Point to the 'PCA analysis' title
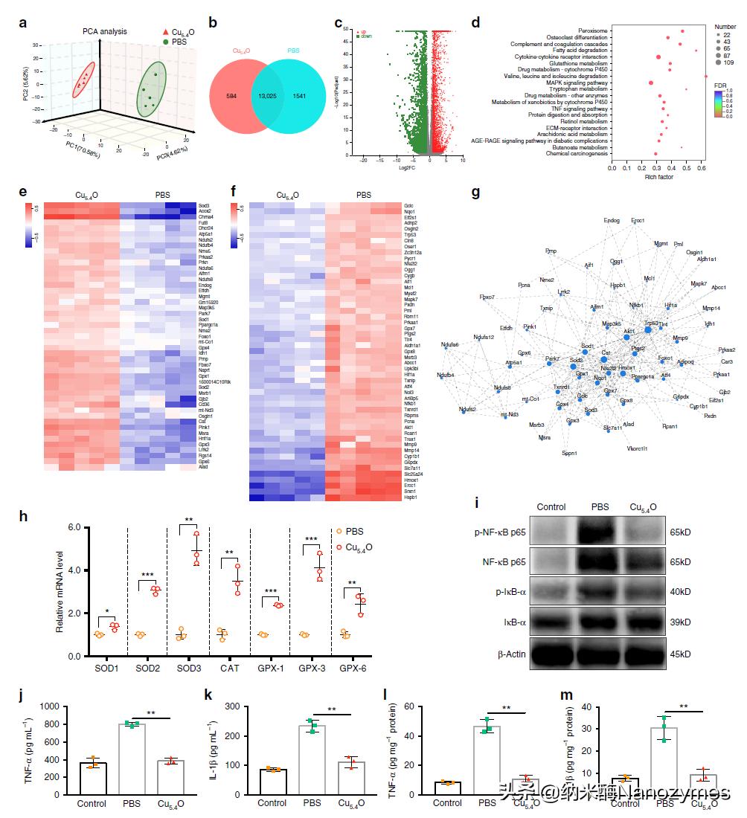tap(104, 31)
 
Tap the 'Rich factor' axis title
tap(658, 177)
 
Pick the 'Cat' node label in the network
tap(606, 352)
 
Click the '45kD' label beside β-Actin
tap(681, 654)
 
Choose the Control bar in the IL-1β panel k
tap(272, 782)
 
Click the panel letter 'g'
tap(476, 193)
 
